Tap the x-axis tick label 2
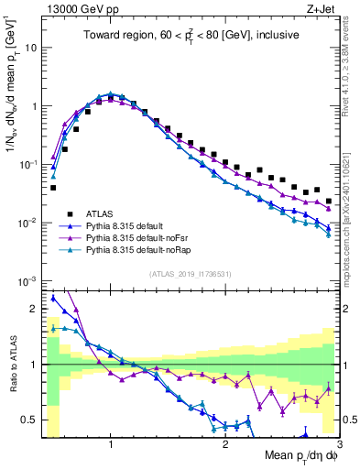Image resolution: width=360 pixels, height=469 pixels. click(x=224, y=445)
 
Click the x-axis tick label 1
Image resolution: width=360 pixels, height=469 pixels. click(x=111, y=445)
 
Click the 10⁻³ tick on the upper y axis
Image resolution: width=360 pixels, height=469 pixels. click(x=27, y=280)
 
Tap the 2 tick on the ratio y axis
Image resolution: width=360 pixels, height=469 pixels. click(x=35, y=309)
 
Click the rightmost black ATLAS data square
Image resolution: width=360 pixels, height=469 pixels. click(x=329, y=201)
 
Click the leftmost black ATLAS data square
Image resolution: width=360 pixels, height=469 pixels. click(x=53, y=188)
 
